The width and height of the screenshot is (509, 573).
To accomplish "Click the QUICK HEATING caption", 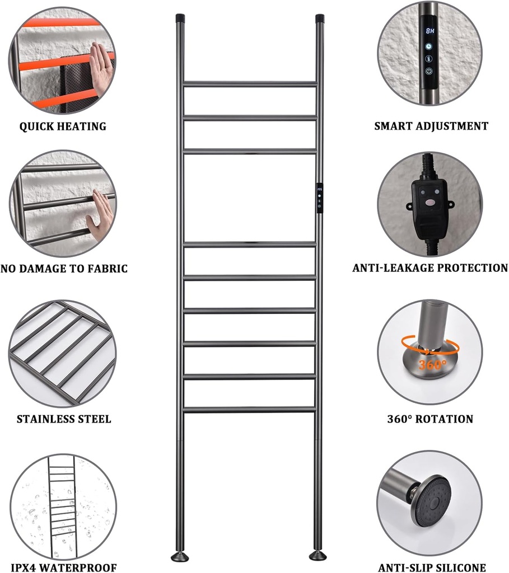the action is [x=63, y=126].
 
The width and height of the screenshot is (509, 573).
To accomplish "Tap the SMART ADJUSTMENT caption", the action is [x=431, y=126].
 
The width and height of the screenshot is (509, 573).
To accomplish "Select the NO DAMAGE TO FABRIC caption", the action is [x=64, y=269].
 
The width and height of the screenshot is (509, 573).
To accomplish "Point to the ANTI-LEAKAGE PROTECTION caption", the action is [x=430, y=268].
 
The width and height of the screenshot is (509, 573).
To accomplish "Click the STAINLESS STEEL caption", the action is [x=64, y=419].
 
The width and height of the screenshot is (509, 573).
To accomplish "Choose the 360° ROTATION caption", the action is [x=430, y=419].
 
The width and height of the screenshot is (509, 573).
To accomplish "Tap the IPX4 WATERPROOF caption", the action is [x=64, y=567].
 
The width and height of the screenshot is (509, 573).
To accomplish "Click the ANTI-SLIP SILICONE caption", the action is [x=432, y=567].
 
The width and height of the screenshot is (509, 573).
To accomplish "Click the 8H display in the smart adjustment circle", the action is [x=429, y=31].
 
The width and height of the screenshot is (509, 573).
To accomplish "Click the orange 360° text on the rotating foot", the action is [x=432, y=364].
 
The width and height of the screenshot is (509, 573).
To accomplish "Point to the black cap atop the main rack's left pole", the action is [x=180, y=18].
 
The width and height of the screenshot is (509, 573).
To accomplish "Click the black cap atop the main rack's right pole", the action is [x=320, y=18].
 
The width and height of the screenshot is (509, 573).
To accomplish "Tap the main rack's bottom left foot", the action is [x=180, y=557].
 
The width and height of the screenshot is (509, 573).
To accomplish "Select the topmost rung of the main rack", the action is [x=250, y=84].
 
